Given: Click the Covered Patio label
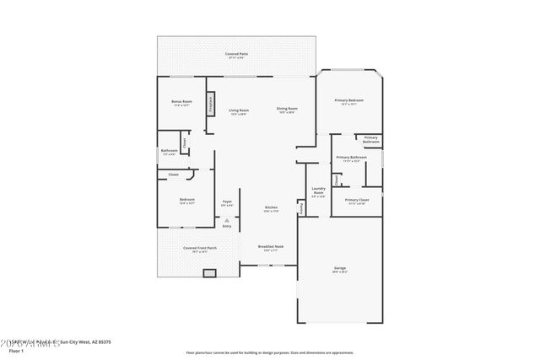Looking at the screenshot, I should click(x=236, y=55).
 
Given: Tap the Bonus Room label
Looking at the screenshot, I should click(x=182, y=103).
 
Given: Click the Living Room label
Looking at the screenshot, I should click(x=239, y=110).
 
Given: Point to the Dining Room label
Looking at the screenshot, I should click(x=287, y=110).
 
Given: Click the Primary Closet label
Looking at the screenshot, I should click(x=356, y=201).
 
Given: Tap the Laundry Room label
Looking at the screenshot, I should click(x=318, y=191).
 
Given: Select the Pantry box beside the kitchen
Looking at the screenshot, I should click(x=300, y=207).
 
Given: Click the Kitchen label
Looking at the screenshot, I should click(x=271, y=208).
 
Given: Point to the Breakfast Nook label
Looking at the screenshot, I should click(x=271, y=248).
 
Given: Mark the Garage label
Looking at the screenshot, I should click(x=339, y=269).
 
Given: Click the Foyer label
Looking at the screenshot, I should click(x=227, y=202).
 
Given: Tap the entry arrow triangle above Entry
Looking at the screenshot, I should click(x=226, y=219).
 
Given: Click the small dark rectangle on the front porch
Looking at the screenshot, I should click(x=209, y=273).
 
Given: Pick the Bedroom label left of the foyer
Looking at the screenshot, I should click(x=187, y=201).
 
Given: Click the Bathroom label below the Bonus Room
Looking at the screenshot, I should click(x=169, y=152).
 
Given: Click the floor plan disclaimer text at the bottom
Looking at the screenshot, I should click(x=270, y=352).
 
